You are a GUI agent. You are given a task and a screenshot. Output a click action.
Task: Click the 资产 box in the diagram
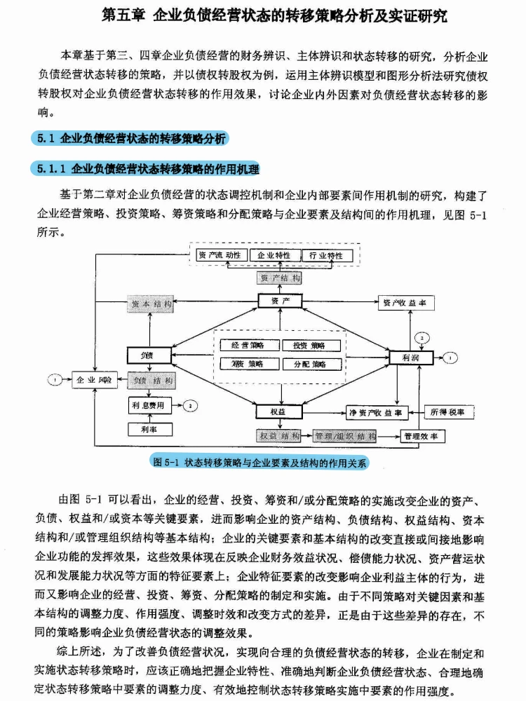[x=279, y=301]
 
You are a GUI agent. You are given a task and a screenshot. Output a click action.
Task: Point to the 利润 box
[x=411, y=357]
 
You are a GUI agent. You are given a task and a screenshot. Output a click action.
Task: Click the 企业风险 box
[x=95, y=380]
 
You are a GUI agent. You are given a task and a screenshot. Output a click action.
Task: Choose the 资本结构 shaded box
[x=150, y=304]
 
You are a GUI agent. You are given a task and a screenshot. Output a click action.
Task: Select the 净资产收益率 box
[x=379, y=412]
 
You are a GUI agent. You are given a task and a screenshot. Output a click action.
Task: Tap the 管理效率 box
[x=422, y=436]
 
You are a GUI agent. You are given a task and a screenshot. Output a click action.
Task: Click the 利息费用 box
[x=149, y=405]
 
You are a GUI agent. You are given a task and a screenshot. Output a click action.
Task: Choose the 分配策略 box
[x=311, y=364]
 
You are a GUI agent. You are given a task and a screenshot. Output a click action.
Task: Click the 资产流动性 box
[x=220, y=256]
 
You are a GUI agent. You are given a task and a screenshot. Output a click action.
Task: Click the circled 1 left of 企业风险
[x=55, y=380]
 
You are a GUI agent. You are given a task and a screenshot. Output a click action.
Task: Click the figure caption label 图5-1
[x=167, y=462]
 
